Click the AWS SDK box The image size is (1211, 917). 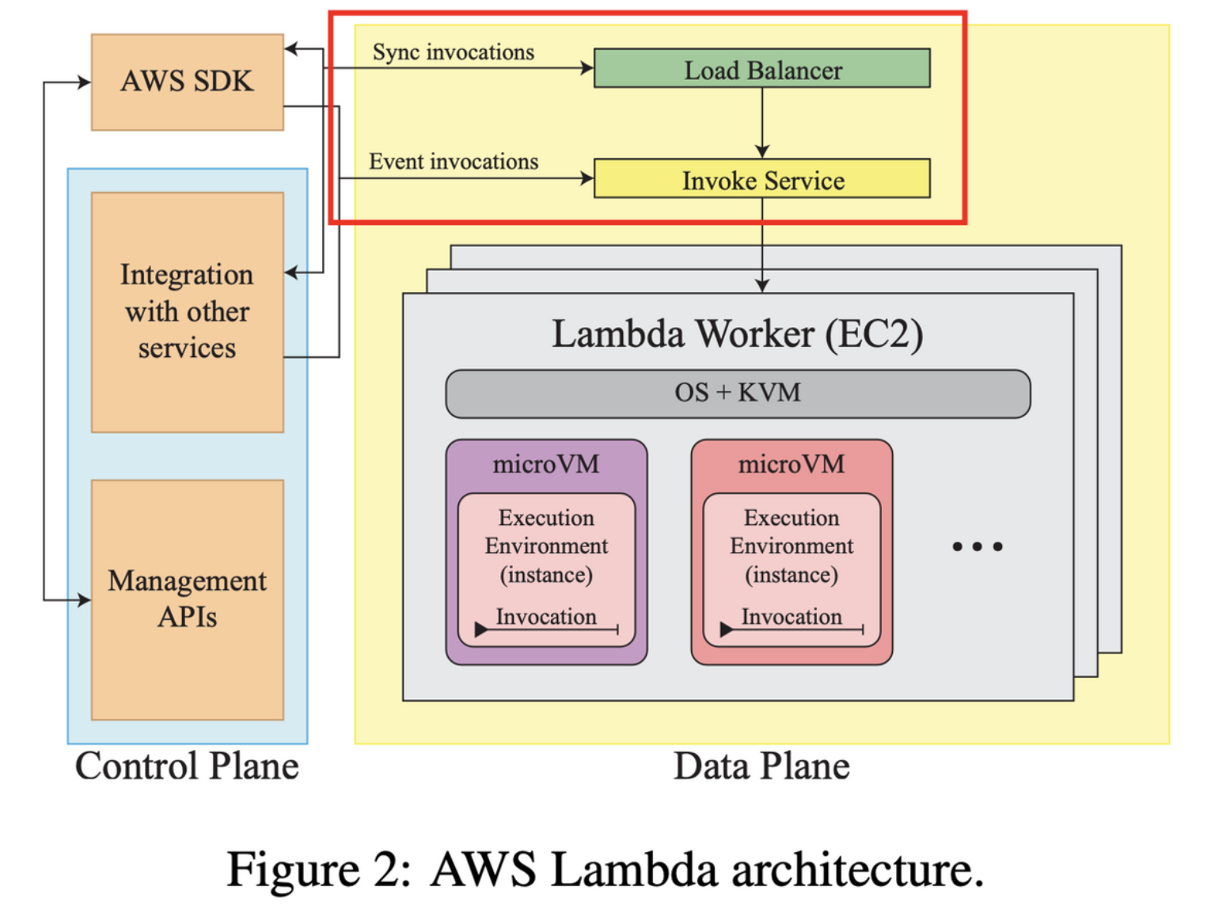pyautogui.click(x=187, y=82)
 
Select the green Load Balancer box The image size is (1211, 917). pyautogui.click(x=761, y=69)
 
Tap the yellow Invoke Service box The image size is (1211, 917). pyautogui.click(x=761, y=180)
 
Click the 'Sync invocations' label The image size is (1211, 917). pyautogui.click(x=454, y=52)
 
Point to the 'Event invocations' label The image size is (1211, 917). pyautogui.click(x=454, y=162)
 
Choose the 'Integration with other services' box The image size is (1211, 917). pyautogui.click(x=187, y=312)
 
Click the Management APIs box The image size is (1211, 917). pyautogui.click(x=187, y=599)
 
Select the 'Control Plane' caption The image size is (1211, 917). pyautogui.click(x=187, y=767)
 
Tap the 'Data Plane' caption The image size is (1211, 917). pyautogui.click(x=761, y=767)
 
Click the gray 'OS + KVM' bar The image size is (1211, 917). pyautogui.click(x=738, y=394)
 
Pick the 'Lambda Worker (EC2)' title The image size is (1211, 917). pyautogui.click(x=738, y=334)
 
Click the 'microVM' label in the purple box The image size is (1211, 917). pyautogui.click(x=546, y=464)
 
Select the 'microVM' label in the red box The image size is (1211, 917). pyautogui.click(x=792, y=464)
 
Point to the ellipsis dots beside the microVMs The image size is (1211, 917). pyautogui.click(x=978, y=546)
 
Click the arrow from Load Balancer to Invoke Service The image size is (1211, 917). pyautogui.click(x=762, y=123)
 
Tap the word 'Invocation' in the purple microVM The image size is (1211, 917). pyautogui.click(x=546, y=616)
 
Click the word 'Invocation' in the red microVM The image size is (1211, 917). pyautogui.click(x=792, y=616)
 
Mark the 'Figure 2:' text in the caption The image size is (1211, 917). pyautogui.click(x=318, y=869)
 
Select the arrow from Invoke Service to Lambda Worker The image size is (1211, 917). pyautogui.click(x=762, y=245)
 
